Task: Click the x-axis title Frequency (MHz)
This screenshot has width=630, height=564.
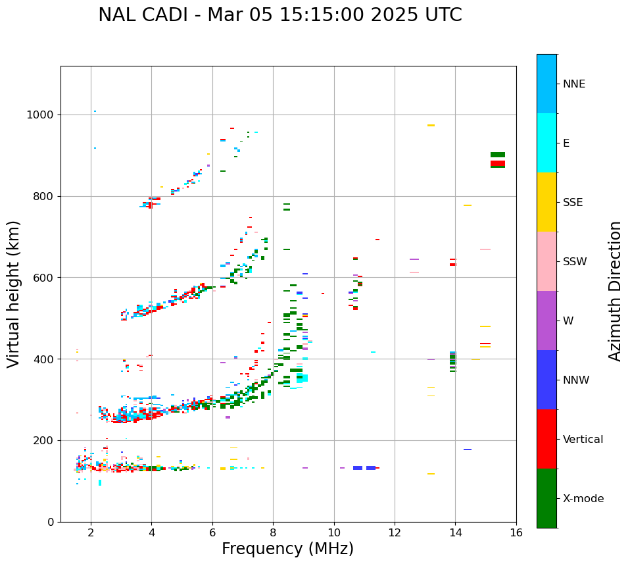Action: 287,549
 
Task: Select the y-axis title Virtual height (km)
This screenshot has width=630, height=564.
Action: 14,294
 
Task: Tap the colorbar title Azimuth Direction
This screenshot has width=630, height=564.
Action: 615,291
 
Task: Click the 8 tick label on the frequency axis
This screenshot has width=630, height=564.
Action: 273,532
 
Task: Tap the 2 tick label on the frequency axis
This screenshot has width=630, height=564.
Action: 91,532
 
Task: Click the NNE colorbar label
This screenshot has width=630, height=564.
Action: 573,84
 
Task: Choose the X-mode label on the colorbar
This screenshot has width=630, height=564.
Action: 583,499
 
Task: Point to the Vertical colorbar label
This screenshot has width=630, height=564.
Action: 583,440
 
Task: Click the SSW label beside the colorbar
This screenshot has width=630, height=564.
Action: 575,262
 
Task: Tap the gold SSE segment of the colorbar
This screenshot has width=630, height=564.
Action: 546,202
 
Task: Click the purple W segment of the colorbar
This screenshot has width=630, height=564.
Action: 546,320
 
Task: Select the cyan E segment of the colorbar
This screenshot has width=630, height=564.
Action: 546,143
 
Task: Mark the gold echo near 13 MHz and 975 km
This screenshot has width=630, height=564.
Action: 431,125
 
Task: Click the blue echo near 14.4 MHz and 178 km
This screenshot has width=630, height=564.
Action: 467,449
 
